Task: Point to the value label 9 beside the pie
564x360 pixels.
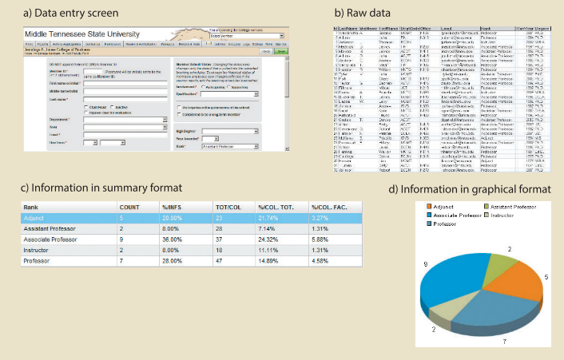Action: (426, 263)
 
